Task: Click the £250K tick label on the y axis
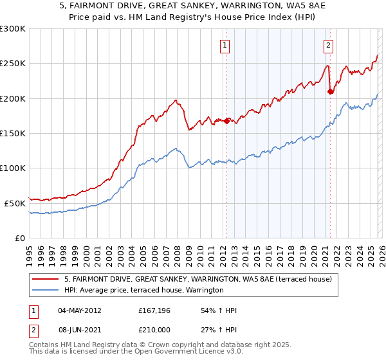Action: (x=13, y=64)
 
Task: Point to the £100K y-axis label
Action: (x=13, y=168)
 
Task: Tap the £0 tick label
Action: (x=21, y=238)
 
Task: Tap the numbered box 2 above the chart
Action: (x=329, y=45)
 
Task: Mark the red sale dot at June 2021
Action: (x=330, y=92)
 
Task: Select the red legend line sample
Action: (x=46, y=279)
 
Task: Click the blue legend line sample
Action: (x=46, y=291)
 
